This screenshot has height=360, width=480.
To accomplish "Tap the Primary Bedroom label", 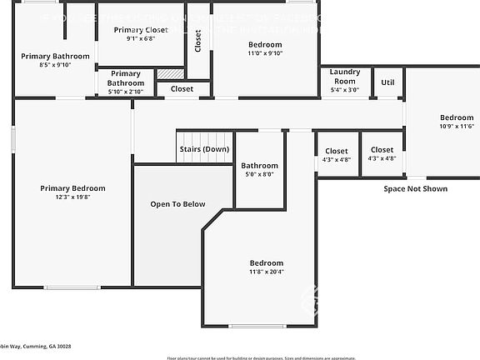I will click(72, 188).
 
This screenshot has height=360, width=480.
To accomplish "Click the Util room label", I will click(387, 82).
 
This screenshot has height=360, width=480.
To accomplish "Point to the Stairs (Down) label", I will click(203, 149).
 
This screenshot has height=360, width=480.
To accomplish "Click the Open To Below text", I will click(177, 204).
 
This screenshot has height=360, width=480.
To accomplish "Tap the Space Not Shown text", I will click(415, 189).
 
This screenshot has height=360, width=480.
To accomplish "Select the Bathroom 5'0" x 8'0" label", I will click(259, 165).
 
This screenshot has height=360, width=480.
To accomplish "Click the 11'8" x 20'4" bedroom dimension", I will click(266, 272).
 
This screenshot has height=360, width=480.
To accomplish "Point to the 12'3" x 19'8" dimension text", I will click(72, 197).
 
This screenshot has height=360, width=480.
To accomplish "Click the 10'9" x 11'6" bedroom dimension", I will click(456, 127).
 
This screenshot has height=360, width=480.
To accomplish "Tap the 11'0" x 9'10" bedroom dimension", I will click(265, 53).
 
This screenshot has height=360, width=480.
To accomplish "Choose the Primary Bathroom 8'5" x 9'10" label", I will click(49, 56).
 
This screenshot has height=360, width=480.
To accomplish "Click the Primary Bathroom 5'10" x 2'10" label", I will click(125, 78).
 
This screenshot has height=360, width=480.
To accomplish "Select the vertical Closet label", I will click(198, 41).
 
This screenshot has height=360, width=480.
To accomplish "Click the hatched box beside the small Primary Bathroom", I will click(170, 74).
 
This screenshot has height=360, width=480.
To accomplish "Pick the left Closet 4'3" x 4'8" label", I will click(337, 151).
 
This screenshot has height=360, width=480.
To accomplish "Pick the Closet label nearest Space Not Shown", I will click(382, 151).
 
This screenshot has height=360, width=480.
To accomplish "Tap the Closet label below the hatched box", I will click(182, 88).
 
